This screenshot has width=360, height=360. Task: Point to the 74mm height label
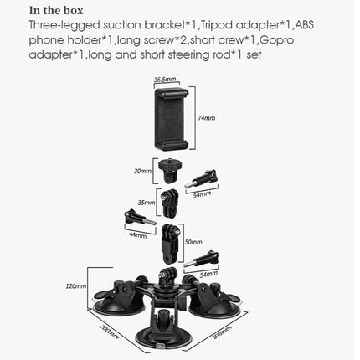[x=206, y=118]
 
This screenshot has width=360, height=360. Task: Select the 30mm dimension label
[x=142, y=171]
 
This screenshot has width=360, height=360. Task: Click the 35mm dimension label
[x=146, y=202]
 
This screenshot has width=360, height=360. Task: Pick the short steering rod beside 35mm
[x=170, y=206]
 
